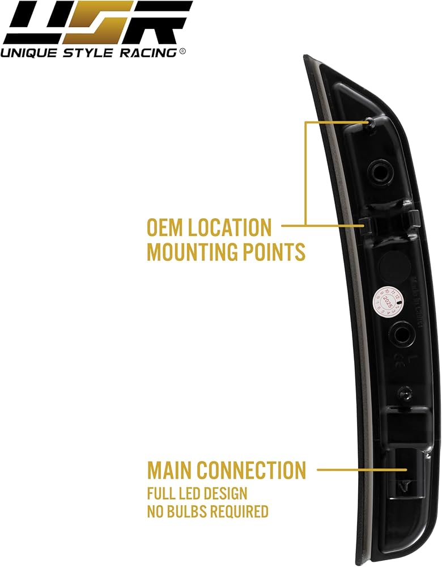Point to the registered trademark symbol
[x=182, y=51]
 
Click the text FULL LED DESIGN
[x=197, y=493]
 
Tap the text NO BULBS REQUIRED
[x=207, y=512]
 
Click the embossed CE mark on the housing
[x=400, y=375]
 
